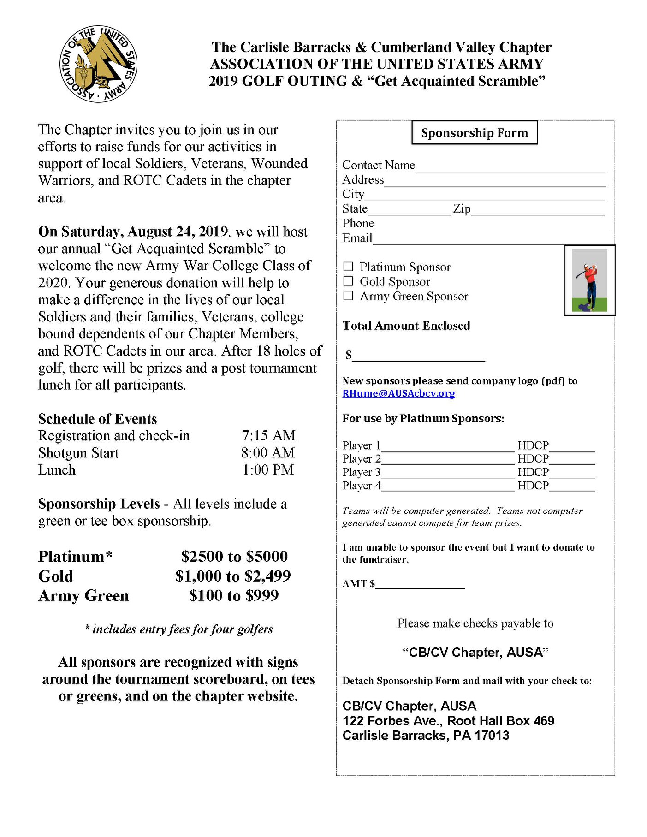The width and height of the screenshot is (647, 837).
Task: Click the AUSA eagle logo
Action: point(98,64)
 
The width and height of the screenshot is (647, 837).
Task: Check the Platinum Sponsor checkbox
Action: point(348,267)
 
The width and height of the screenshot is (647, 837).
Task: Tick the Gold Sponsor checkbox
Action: point(348,281)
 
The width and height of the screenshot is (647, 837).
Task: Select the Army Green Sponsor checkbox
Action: point(348,296)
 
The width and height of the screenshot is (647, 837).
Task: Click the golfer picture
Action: point(589,280)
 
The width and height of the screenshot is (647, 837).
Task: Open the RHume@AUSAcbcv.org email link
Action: point(398,393)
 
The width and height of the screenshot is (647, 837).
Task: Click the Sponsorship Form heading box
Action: point(474,133)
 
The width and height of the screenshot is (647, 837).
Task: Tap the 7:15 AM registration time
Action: point(268,436)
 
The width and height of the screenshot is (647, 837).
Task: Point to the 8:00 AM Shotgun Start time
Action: point(268,453)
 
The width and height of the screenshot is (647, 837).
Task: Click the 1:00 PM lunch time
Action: point(268,470)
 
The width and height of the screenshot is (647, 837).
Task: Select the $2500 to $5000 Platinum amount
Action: point(234,557)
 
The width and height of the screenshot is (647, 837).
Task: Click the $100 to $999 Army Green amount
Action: point(234,595)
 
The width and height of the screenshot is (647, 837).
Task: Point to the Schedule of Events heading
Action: point(98,419)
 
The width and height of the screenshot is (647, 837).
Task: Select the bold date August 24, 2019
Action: point(178,232)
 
